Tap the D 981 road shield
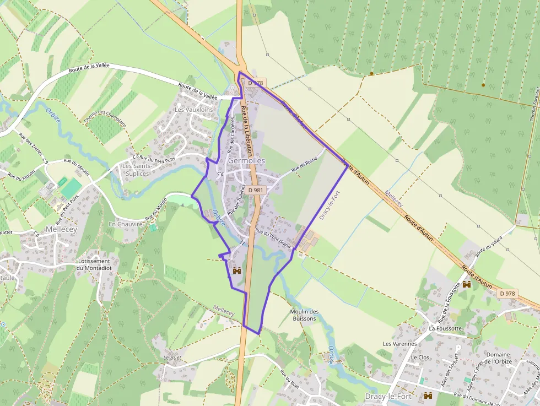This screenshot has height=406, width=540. tap(255, 190)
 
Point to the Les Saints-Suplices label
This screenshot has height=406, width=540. tap(136, 170)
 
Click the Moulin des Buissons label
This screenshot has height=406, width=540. tap(304, 315)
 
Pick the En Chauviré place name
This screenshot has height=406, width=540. tap(126, 224)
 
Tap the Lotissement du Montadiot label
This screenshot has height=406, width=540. tap(95, 264)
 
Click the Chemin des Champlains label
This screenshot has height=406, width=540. tap(106, 116)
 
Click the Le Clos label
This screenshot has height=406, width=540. tap(420, 357)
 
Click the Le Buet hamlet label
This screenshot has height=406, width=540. tap(172, 357)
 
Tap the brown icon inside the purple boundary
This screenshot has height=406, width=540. tap(237, 270)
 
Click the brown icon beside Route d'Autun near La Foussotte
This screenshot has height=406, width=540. tap(467, 284)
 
